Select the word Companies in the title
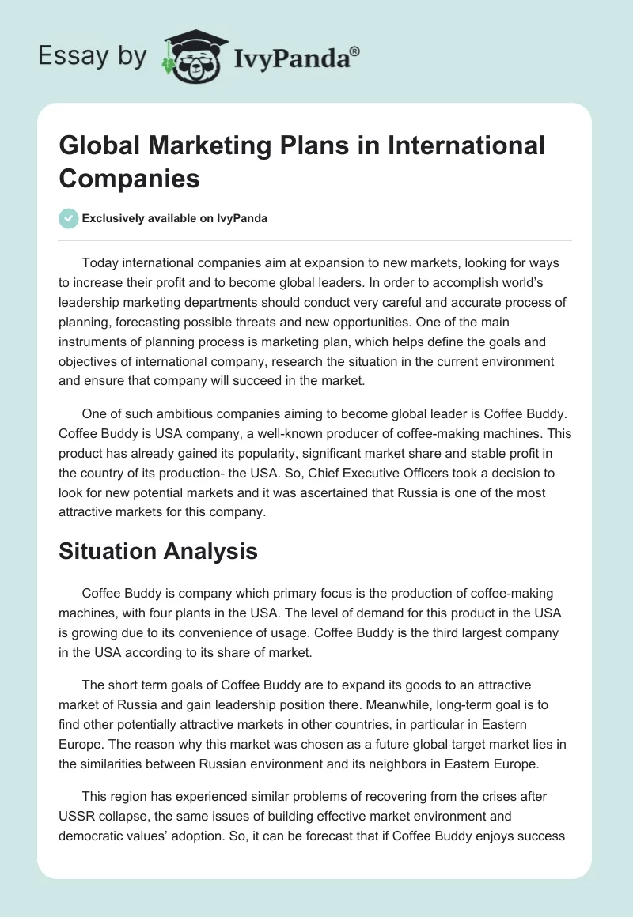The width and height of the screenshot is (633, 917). pyautogui.click(x=130, y=178)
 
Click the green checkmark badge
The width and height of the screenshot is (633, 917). pyautogui.click(x=68, y=218)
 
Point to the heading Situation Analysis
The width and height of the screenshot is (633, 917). pyautogui.click(x=158, y=551)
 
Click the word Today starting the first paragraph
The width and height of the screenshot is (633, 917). pyautogui.click(x=100, y=262)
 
